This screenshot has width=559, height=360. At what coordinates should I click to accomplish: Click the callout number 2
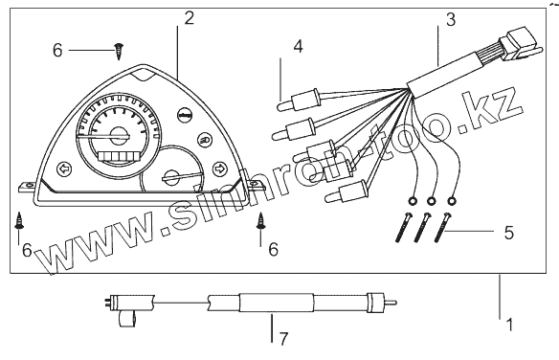(190, 18)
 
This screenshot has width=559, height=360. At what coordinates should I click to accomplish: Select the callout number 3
(451, 20)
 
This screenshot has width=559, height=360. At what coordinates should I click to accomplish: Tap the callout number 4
(299, 47)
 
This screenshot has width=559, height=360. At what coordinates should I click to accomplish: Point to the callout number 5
(509, 233)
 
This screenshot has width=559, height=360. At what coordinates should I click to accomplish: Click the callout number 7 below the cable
(283, 339)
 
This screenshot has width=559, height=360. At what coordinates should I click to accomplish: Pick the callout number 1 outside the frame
(509, 325)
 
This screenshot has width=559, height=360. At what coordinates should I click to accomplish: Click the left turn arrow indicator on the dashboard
(64, 169)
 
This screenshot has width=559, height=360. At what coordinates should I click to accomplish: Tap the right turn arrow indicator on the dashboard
(219, 169)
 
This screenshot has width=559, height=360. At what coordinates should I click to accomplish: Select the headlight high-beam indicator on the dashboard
(206, 140)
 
